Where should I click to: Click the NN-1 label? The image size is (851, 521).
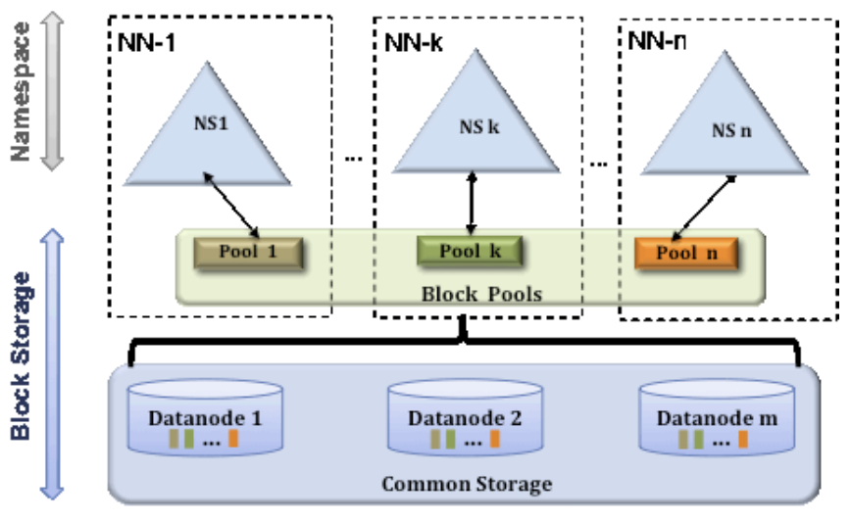(146, 42)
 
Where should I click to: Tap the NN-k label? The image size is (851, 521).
(414, 42)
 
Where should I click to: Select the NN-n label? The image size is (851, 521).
(657, 40)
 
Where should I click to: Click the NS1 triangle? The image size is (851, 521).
(207, 135)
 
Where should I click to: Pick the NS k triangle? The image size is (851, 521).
(476, 124)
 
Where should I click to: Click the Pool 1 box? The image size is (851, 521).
(248, 253)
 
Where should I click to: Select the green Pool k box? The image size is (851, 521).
(470, 251)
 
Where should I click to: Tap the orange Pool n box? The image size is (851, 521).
(686, 254)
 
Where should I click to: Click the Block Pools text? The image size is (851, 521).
(482, 294)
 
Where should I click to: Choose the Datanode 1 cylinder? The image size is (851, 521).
(205, 417)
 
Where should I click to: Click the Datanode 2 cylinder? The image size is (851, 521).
(465, 417)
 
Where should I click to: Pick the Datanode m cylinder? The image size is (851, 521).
(717, 417)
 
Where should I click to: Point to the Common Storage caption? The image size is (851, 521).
(467, 484)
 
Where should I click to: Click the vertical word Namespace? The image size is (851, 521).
(21, 92)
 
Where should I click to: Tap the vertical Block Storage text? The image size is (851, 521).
(21, 355)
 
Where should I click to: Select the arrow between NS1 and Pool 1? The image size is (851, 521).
(231, 206)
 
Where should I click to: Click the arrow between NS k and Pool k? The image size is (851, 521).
(472, 204)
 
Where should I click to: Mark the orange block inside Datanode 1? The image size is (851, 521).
(233, 439)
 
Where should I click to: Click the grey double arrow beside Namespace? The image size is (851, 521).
(53, 91)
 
